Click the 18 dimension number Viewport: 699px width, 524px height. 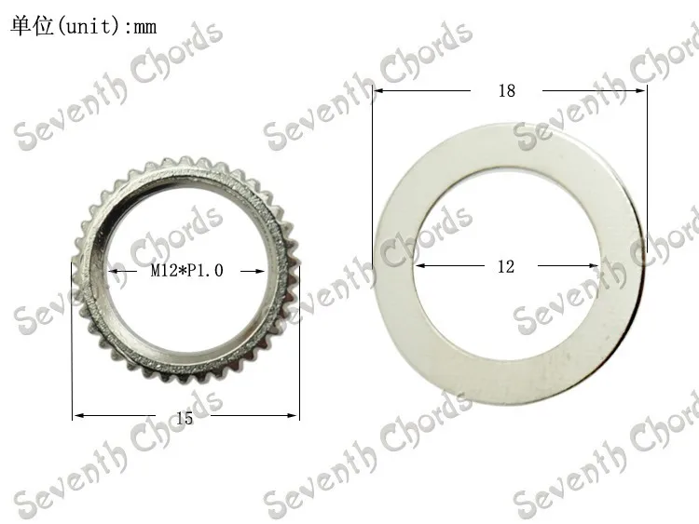pyautogui.click(x=506, y=91)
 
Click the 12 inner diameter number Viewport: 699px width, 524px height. pyautogui.click(x=505, y=266)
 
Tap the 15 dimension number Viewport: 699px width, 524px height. pyautogui.click(x=185, y=419)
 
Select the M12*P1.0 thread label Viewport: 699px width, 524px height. pyautogui.click(x=187, y=271)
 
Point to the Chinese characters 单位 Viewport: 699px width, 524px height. pyautogui.click(x=29, y=26)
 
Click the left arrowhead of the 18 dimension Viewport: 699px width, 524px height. pyautogui.click(x=377, y=90)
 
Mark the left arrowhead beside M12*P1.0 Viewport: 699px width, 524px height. pyautogui.click(x=113, y=271)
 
